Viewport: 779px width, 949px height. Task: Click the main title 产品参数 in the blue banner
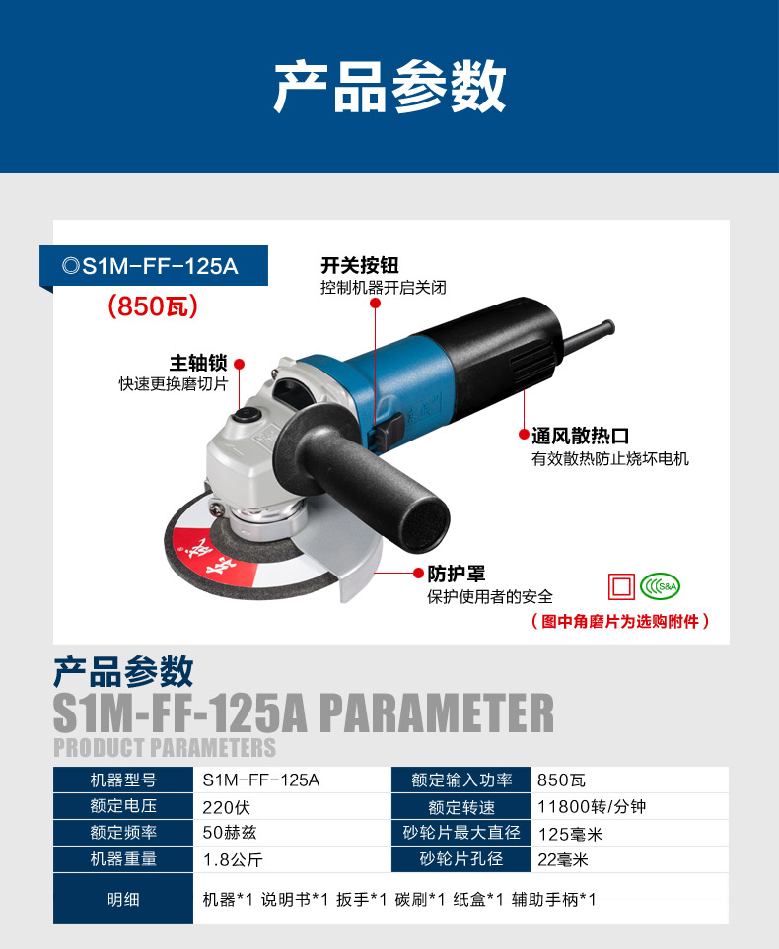coord(389,87)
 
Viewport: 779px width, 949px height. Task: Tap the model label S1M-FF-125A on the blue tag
coord(160,266)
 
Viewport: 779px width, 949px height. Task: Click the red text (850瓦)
coord(153,306)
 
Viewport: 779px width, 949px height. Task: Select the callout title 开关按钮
coord(360,265)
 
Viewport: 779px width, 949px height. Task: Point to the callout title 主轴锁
coord(198,363)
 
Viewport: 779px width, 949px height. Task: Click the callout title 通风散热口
coord(581,436)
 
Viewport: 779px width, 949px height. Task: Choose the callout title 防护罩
coord(457,574)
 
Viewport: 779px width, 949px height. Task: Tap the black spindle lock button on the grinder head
coord(247,415)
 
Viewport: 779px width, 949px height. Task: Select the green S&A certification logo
coord(661,586)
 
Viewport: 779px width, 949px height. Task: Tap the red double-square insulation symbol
coord(621,586)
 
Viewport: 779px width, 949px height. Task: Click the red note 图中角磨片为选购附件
coord(619,622)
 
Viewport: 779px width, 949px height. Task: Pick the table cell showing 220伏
coord(226,807)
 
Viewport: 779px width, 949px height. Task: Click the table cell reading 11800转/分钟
coord(592,807)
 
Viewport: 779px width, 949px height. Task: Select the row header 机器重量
coord(123,859)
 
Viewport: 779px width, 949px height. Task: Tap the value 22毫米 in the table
coord(563,859)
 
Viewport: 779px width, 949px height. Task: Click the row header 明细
coord(123,900)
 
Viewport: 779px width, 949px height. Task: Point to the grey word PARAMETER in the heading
coord(436,712)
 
